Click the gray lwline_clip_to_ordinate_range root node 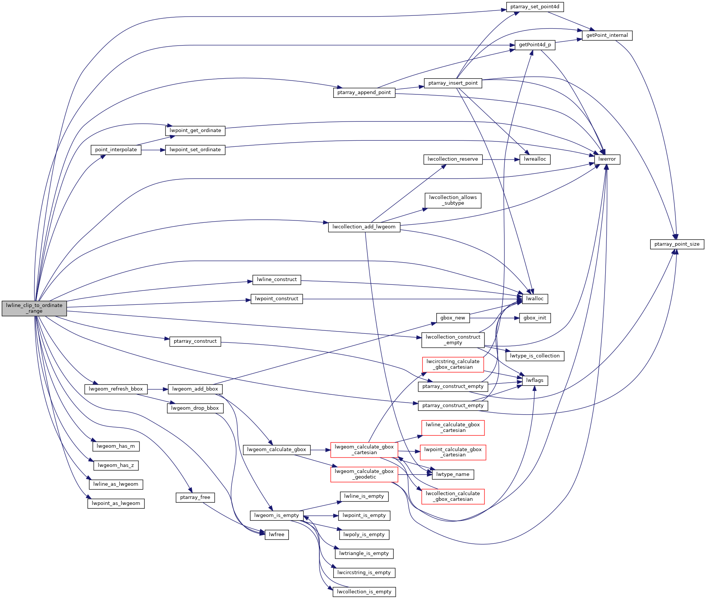(x=34, y=308)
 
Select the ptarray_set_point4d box (x=535, y=7)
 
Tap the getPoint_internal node (x=607, y=35)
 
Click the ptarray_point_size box (x=677, y=244)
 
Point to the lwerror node (x=607, y=159)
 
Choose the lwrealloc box (x=535, y=159)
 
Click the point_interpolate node (x=116, y=150)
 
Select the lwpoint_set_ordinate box (x=195, y=150)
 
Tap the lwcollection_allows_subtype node (x=453, y=200)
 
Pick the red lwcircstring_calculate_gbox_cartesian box (x=453, y=364)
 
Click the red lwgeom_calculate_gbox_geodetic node (x=364, y=474)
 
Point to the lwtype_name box (x=453, y=474)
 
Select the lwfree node (x=276, y=534)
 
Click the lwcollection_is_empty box (x=364, y=591)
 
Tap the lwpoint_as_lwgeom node (x=116, y=503)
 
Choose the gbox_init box (x=535, y=318)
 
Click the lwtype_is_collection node (x=535, y=356)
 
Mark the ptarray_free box (x=195, y=497)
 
